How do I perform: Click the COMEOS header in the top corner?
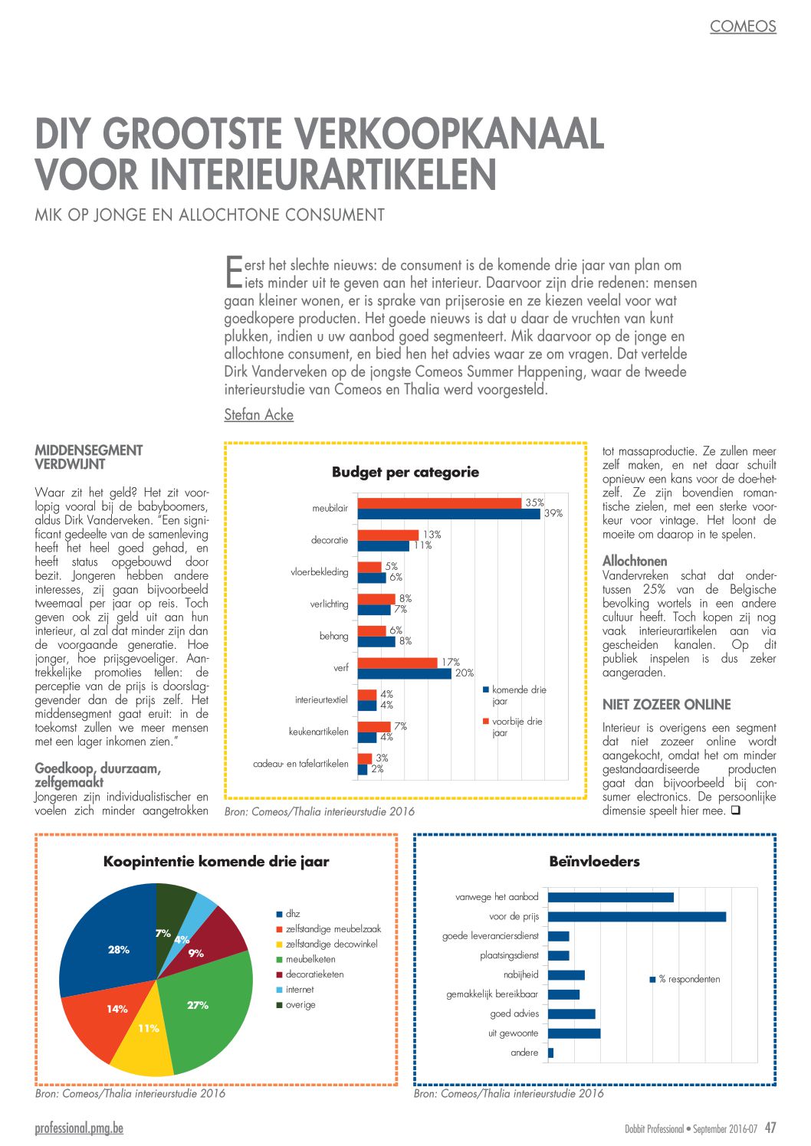[743, 26]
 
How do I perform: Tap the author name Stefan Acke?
[258, 414]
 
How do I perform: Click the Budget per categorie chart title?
[405, 472]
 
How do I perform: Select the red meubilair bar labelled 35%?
[439, 503]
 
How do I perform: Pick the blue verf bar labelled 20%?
[405, 673]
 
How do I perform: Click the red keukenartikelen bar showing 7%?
[374, 726]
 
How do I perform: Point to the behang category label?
[333, 636]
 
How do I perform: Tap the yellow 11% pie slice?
[144, 1043]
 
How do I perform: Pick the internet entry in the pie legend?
[295, 990]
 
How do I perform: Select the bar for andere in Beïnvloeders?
[551, 1053]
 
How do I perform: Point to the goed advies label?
[514, 1013]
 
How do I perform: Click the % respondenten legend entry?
[685, 979]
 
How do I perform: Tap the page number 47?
[770, 1128]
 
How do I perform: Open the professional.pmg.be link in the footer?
[80, 1128]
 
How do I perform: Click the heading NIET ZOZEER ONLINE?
[667, 705]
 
